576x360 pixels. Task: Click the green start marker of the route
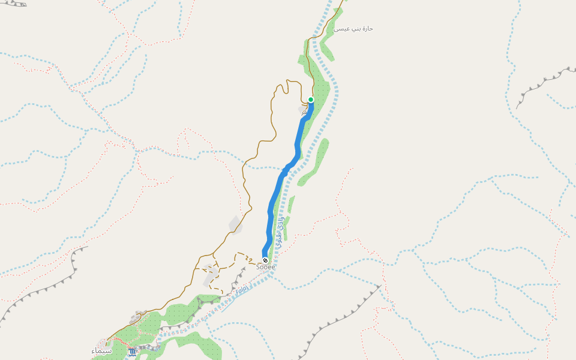click(311, 100)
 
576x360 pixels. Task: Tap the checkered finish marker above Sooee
click(265, 260)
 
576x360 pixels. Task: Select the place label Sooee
click(265, 267)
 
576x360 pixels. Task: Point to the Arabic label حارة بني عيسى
click(353, 28)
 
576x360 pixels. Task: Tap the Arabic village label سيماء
click(101, 350)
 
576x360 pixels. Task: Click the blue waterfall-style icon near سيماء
click(132, 352)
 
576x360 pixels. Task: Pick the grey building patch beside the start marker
click(303, 110)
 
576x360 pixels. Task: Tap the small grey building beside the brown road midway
click(235, 225)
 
